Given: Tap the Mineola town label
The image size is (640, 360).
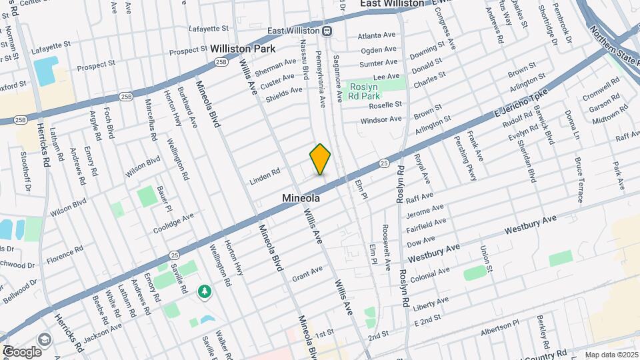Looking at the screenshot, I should coord(301,198).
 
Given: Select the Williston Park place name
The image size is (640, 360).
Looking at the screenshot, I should coord(238,49).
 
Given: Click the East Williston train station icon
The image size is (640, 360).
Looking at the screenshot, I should coord(327,31).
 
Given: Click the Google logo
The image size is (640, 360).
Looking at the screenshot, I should coord(22,351).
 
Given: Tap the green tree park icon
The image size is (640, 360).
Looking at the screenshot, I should coord(205,291).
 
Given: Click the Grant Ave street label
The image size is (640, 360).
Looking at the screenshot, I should coord(307,272).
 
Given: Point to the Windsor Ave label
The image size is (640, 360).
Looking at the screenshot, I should coord(381,120).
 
